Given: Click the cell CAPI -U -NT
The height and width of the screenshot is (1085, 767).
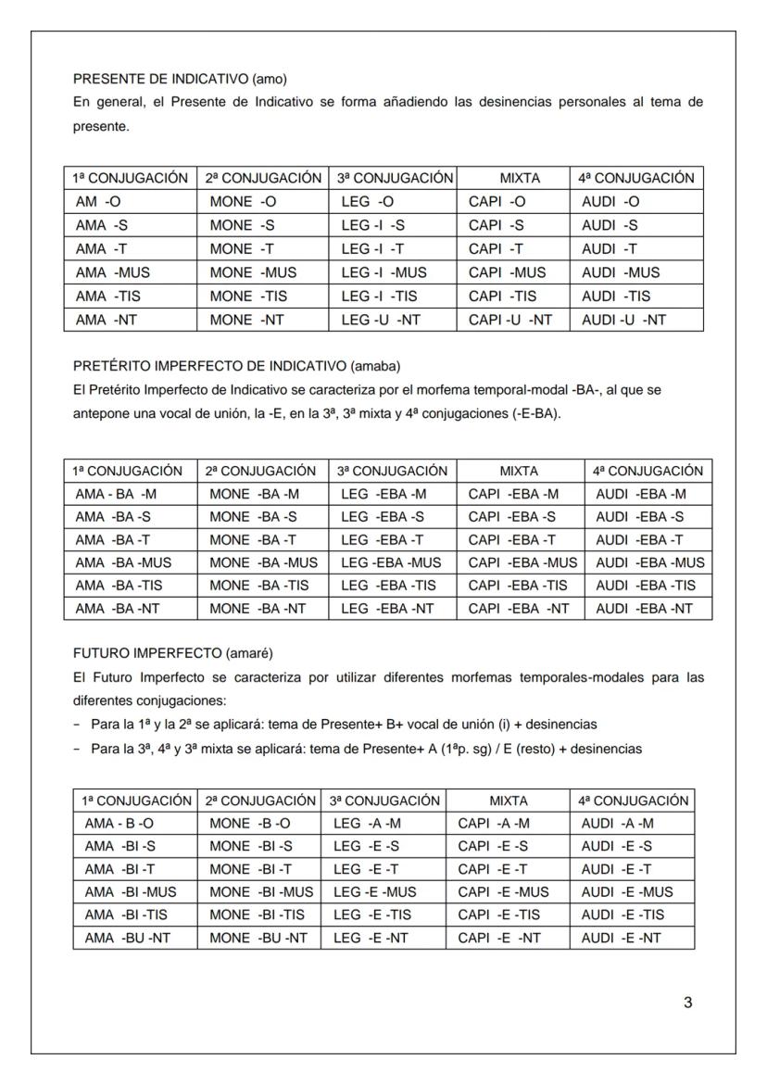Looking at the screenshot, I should (x=510, y=320).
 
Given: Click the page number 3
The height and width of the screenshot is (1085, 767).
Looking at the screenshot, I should (x=687, y=1002).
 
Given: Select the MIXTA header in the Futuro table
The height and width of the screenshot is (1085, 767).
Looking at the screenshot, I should (x=507, y=800).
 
